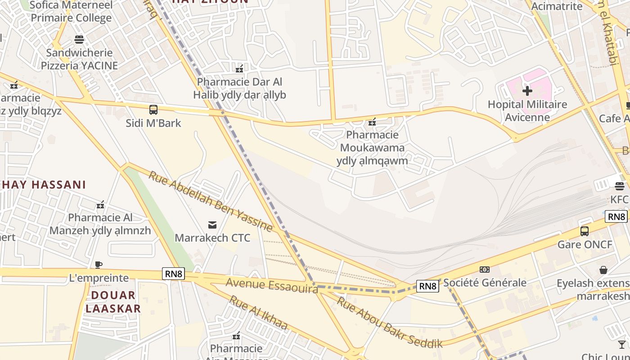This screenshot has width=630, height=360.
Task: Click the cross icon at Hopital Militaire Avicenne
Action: [x=527, y=91]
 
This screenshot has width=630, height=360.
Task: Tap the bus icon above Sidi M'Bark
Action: [x=153, y=109]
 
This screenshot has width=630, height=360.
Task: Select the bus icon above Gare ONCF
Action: [x=585, y=231]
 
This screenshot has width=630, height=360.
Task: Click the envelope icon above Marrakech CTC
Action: [x=212, y=225]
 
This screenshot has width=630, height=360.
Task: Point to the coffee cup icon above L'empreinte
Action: [x=99, y=265]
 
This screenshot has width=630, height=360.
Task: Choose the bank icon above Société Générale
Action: [x=485, y=270]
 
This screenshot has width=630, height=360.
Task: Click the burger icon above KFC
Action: [x=620, y=186]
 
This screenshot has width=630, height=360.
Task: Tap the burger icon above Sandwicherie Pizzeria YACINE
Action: [x=79, y=39]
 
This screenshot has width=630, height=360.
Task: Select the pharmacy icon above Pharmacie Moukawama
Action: [x=372, y=121]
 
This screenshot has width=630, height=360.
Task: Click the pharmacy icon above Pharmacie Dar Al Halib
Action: [x=239, y=69]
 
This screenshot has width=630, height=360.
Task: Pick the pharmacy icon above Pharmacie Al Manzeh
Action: [x=100, y=205]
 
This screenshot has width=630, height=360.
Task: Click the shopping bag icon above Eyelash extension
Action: [x=603, y=270]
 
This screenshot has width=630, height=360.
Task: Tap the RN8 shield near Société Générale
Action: [x=427, y=286]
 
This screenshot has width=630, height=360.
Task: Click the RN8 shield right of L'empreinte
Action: [x=173, y=274]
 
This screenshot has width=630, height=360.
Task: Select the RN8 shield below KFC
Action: [x=616, y=216]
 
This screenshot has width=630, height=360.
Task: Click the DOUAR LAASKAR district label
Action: [x=113, y=302]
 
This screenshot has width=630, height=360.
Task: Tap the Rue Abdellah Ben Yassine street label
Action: [x=211, y=201]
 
